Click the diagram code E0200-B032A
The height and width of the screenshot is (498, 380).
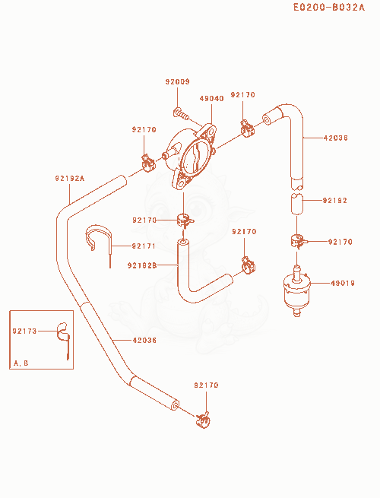329,8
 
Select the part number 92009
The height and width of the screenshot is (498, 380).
178,81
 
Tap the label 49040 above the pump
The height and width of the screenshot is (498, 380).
212,98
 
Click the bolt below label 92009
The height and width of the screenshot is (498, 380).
182,114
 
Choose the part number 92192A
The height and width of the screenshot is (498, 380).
70,179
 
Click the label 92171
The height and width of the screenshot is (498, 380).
144,246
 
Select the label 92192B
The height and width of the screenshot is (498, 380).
142,265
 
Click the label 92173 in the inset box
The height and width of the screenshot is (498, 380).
25,331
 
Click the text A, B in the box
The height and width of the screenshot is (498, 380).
21,363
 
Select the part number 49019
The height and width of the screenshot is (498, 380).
343,283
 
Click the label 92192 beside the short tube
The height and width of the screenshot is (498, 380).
335,201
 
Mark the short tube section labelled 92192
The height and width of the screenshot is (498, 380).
297,204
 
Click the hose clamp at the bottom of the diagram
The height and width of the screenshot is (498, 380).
203,420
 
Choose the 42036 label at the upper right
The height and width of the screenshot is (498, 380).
336,138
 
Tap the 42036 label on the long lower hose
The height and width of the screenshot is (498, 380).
144,340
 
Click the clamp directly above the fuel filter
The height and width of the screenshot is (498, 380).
298,241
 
